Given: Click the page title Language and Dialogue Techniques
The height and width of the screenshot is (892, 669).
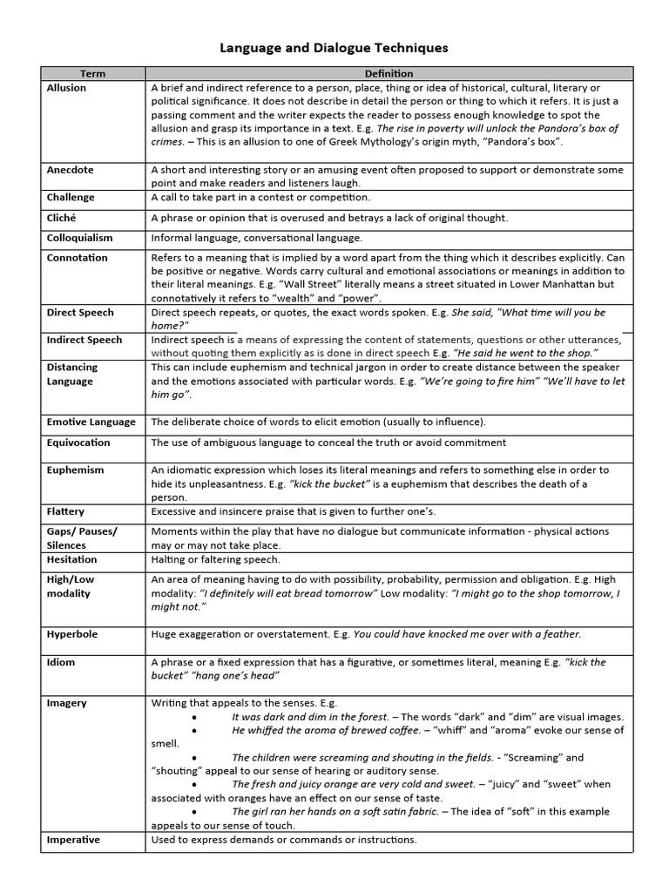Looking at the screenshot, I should [x=334, y=48].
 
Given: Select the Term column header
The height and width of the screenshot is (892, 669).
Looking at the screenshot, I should [x=92, y=74].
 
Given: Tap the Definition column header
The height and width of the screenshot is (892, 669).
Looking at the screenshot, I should [x=389, y=74].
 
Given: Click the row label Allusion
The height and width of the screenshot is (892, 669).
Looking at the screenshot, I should [x=66, y=88].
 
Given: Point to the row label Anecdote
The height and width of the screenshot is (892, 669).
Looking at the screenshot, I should [x=70, y=170].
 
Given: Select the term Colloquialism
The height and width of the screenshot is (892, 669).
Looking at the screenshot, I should [x=79, y=238].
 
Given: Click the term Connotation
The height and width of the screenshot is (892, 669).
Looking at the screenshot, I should [x=77, y=258].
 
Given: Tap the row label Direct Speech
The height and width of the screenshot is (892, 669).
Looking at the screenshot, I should [x=80, y=312].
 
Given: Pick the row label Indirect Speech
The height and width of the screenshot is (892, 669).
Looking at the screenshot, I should [x=84, y=340].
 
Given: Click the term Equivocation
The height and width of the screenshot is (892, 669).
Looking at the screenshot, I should [x=78, y=443].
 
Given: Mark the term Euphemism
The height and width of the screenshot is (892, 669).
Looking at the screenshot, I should [x=75, y=470].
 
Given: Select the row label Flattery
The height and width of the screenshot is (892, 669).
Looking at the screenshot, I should [x=65, y=511].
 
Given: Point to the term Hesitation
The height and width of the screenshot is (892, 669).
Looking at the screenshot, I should [x=71, y=559].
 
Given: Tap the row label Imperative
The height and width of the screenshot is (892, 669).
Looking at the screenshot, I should [x=73, y=840].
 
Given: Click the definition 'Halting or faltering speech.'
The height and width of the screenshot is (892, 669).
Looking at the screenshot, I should [x=215, y=559].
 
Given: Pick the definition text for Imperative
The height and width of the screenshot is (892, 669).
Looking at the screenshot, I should [x=284, y=840].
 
